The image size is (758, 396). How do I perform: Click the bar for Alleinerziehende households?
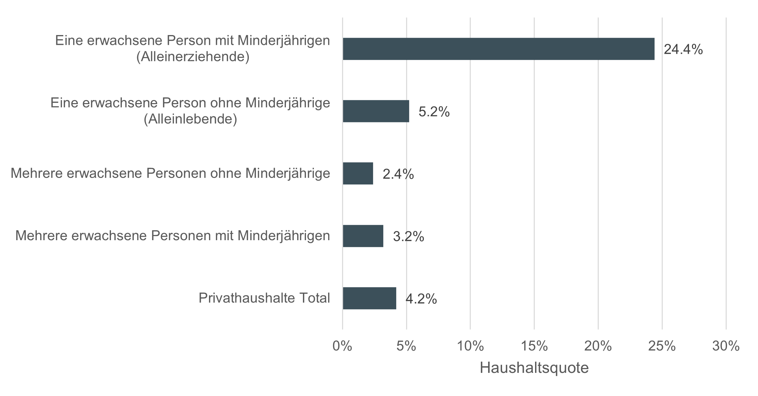pyautogui.click(x=498, y=49)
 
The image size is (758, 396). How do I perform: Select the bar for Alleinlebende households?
pyautogui.click(x=376, y=111)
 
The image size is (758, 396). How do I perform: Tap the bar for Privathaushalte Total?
pyautogui.click(x=369, y=298)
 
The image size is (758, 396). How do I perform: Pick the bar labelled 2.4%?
pyautogui.click(x=358, y=174)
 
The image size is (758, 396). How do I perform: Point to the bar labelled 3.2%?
pyautogui.click(x=363, y=236)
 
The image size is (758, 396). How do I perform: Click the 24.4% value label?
pyautogui.click(x=683, y=50)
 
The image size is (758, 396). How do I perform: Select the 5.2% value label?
pyautogui.click(x=434, y=112)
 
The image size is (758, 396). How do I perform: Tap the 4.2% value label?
pyautogui.click(x=421, y=299)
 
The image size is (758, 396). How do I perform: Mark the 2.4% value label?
pyautogui.click(x=398, y=174)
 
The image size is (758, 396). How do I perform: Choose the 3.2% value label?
pyautogui.click(x=408, y=236)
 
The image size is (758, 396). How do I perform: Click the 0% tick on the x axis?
pyautogui.click(x=342, y=346)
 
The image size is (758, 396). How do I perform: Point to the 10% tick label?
pyautogui.click(x=470, y=346)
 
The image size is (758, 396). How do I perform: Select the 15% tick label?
pyautogui.click(x=534, y=346)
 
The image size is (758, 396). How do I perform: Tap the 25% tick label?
pyautogui.click(x=662, y=346)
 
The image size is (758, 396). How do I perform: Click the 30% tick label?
pyautogui.click(x=726, y=346)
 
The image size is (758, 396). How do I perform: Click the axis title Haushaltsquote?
pyautogui.click(x=534, y=368)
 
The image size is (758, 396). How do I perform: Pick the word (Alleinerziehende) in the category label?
pyautogui.click(x=193, y=57)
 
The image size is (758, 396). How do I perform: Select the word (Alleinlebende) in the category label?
pyautogui.click(x=190, y=119)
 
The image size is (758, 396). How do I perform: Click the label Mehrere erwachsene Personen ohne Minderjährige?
pyautogui.click(x=170, y=174)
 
